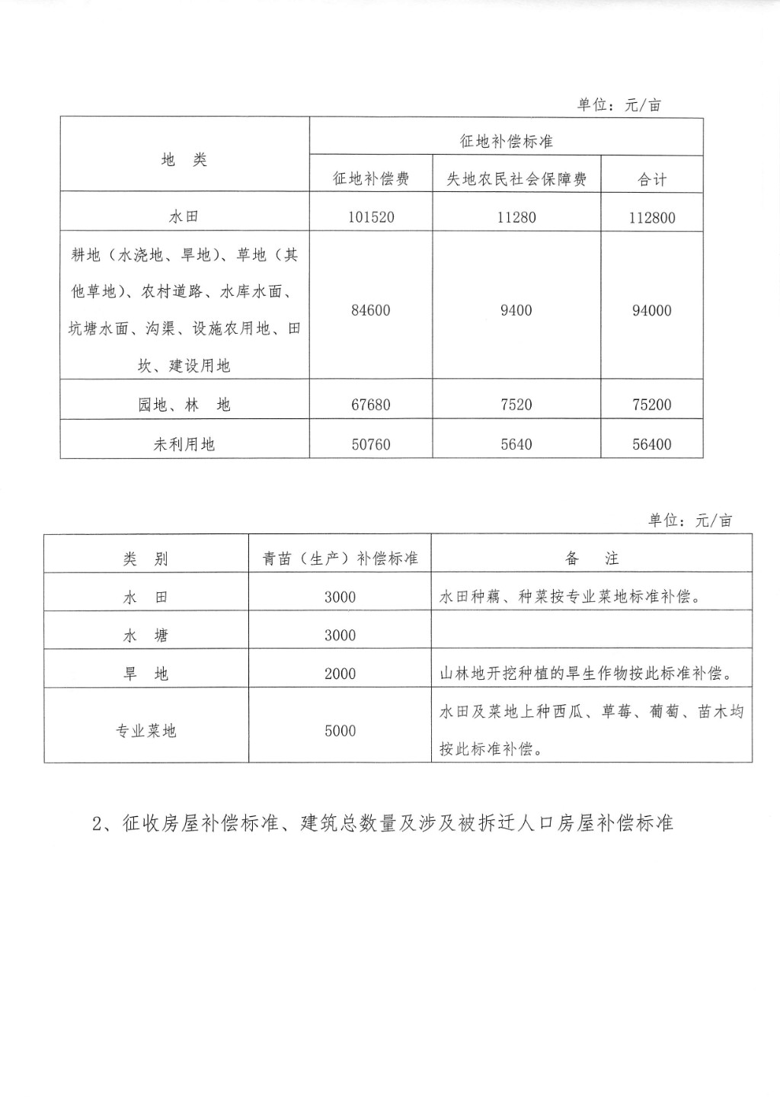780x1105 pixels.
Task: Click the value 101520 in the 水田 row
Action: pyautogui.click(x=371, y=217)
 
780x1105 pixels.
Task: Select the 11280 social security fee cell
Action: pyautogui.click(x=516, y=217)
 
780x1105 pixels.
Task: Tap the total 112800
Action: pyautogui.click(x=652, y=217)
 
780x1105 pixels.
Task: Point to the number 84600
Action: pyautogui.click(x=371, y=310)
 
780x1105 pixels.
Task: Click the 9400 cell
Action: pyautogui.click(x=516, y=310)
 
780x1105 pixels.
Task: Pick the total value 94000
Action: pyautogui.click(x=652, y=310)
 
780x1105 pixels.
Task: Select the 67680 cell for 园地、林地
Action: pyautogui.click(x=371, y=405)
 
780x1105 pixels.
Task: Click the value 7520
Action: pyautogui.click(x=516, y=405)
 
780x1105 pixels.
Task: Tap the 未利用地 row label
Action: pyautogui.click(x=184, y=444)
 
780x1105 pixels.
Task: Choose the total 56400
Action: pyautogui.click(x=652, y=444)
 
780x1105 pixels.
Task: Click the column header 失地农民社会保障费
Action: pyautogui.click(x=516, y=179)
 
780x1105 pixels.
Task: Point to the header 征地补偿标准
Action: pyautogui.click(x=506, y=142)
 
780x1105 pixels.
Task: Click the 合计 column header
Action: pyautogui.click(x=652, y=180)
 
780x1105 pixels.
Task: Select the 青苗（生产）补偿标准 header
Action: pyautogui.click(x=340, y=559)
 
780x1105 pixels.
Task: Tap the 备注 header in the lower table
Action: pyautogui.click(x=592, y=559)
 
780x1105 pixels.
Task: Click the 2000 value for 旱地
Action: pyautogui.click(x=340, y=674)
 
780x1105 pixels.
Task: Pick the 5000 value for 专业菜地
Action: pyautogui.click(x=340, y=731)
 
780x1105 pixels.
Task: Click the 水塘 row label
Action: pyautogui.click(x=145, y=636)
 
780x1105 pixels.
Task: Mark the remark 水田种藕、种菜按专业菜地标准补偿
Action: pyautogui.click(x=570, y=597)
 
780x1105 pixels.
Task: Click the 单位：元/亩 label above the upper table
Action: pyautogui.click(x=619, y=105)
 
